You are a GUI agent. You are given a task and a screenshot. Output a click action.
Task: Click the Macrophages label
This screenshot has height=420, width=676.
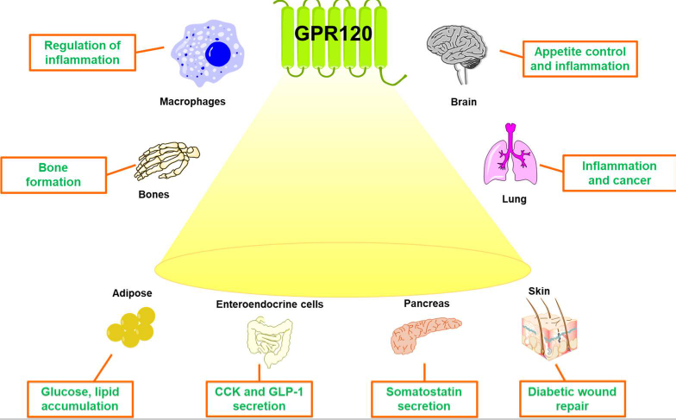[192, 102]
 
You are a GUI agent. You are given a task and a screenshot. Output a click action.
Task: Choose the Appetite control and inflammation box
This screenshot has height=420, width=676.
[580, 58]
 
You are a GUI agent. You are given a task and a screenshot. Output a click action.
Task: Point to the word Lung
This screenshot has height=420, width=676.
[515, 199]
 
